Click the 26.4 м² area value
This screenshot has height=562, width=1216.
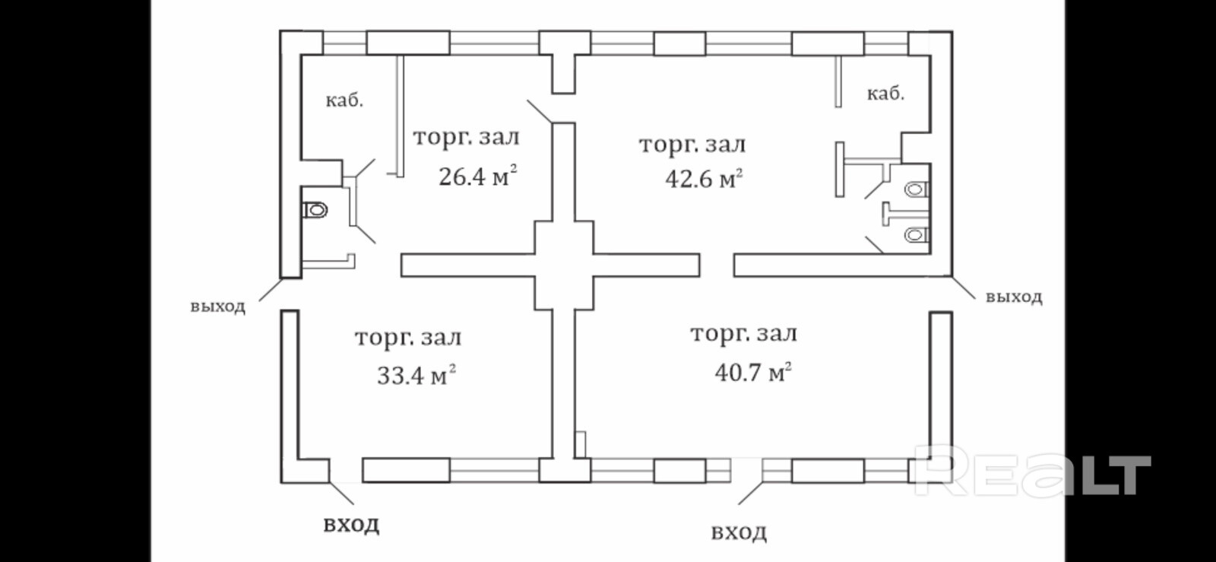(477, 177)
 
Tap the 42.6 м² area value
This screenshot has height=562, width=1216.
(704, 179)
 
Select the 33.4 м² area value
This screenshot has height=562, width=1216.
(416, 375)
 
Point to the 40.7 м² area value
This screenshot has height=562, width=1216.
(753, 373)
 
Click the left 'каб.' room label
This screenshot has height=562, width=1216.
(344, 100)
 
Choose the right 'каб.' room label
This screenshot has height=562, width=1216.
(885, 94)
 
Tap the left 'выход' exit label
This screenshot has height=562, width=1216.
(217, 306)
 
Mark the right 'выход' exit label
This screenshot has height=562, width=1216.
(1014, 297)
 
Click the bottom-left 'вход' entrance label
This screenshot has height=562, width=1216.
(351, 525)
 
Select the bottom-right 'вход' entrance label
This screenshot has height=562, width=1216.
(739, 532)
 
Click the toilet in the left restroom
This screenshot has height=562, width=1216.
(315, 209)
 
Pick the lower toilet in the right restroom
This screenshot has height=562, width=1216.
(917, 235)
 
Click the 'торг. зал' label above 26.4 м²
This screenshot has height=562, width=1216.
(466, 138)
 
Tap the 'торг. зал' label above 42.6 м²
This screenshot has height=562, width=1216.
(692, 144)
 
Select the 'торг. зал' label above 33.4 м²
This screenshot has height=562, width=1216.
(408, 338)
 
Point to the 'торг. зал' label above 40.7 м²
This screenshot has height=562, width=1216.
(743, 334)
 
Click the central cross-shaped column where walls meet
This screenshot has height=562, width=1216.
(563, 265)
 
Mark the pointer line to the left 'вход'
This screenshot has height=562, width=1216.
(340, 493)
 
